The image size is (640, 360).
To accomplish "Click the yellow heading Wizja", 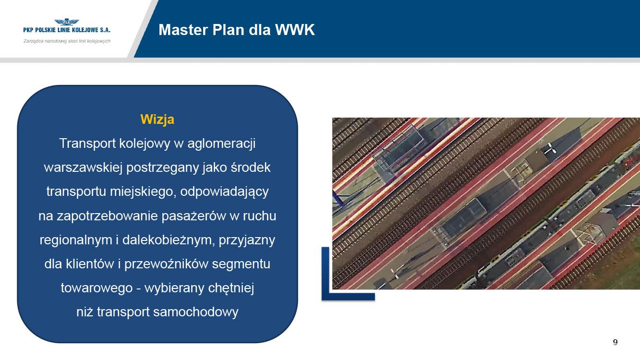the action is (157, 120).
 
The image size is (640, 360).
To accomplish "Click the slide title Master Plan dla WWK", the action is (237, 30).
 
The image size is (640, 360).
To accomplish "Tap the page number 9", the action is (615, 342).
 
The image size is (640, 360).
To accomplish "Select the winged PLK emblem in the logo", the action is (67, 22).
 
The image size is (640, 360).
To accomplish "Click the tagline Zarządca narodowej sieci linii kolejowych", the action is (67, 41).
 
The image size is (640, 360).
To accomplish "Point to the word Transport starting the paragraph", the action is (87, 144).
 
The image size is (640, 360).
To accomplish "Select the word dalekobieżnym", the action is (169, 240).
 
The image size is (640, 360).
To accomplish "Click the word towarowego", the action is (97, 288).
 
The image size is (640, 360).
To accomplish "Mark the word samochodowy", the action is (196, 312).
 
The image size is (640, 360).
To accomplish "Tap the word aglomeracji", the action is (221, 144).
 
